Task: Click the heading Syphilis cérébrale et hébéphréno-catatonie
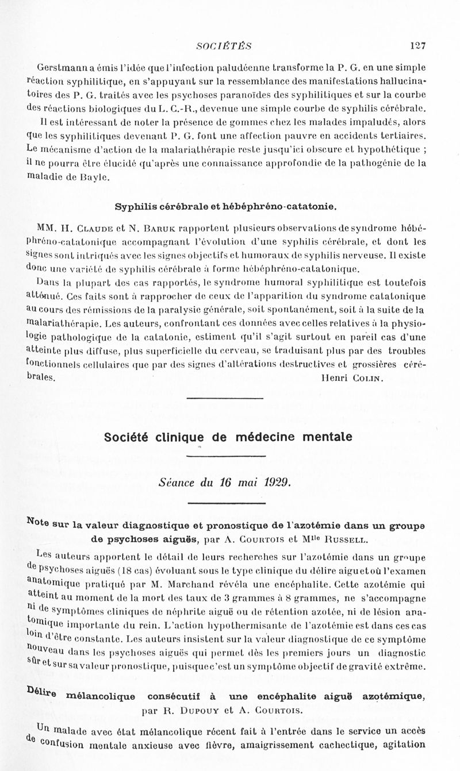(x=225, y=206)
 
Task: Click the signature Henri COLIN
(x=351, y=379)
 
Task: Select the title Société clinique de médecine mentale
(x=228, y=437)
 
